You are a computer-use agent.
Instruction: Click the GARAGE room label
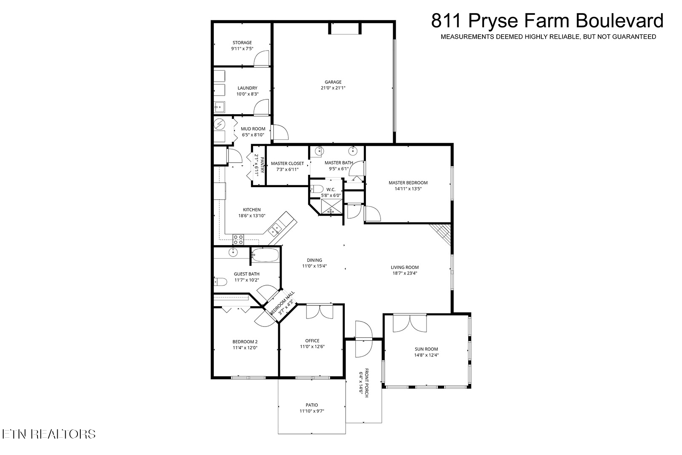(x=333, y=82)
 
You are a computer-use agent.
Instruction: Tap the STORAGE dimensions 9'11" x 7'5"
(x=242, y=48)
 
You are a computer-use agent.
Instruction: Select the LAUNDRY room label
(x=247, y=88)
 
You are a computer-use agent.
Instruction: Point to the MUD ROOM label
(x=253, y=129)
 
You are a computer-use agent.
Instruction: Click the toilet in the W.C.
(x=317, y=189)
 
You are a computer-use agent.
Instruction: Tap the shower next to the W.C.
(x=332, y=207)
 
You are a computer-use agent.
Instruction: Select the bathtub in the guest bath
(x=265, y=255)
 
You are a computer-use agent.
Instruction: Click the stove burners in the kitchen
(x=238, y=240)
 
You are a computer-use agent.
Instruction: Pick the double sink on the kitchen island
(x=274, y=229)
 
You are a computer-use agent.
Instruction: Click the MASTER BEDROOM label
(x=408, y=183)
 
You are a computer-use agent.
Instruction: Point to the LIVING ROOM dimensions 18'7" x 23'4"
(x=405, y=273)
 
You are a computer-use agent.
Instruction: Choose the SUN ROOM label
(x=426, y=349)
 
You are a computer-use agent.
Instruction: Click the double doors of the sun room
(x=410, y=324)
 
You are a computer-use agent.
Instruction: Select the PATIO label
(x=312, y=405)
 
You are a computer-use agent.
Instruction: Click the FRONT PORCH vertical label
(x=367, y=383)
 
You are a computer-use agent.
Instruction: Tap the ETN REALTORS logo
(x=49, y=434)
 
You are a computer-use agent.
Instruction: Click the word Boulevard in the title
(x=619, y=21)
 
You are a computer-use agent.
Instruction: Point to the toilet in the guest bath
(x=221, y=282)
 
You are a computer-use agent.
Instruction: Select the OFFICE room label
(x=312, y=341)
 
